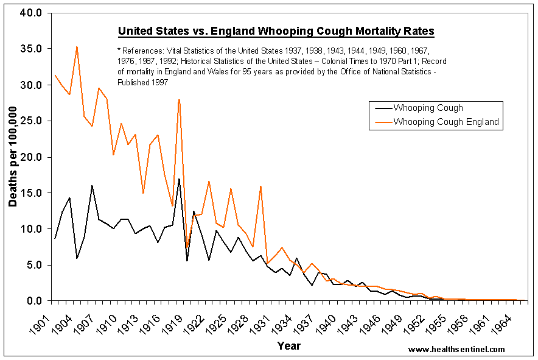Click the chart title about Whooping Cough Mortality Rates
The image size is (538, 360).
coord(276,31)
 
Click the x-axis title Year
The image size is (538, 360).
coord(288,346)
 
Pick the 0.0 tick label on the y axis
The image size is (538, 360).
coord(34,300)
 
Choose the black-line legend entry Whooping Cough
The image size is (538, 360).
coord(428,108)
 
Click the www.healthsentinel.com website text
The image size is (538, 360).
coord(456,349)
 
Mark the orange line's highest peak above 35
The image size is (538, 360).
coord(77,46)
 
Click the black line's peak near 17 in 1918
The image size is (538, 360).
coord(179,179)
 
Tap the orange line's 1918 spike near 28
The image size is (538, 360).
coord(179,99)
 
